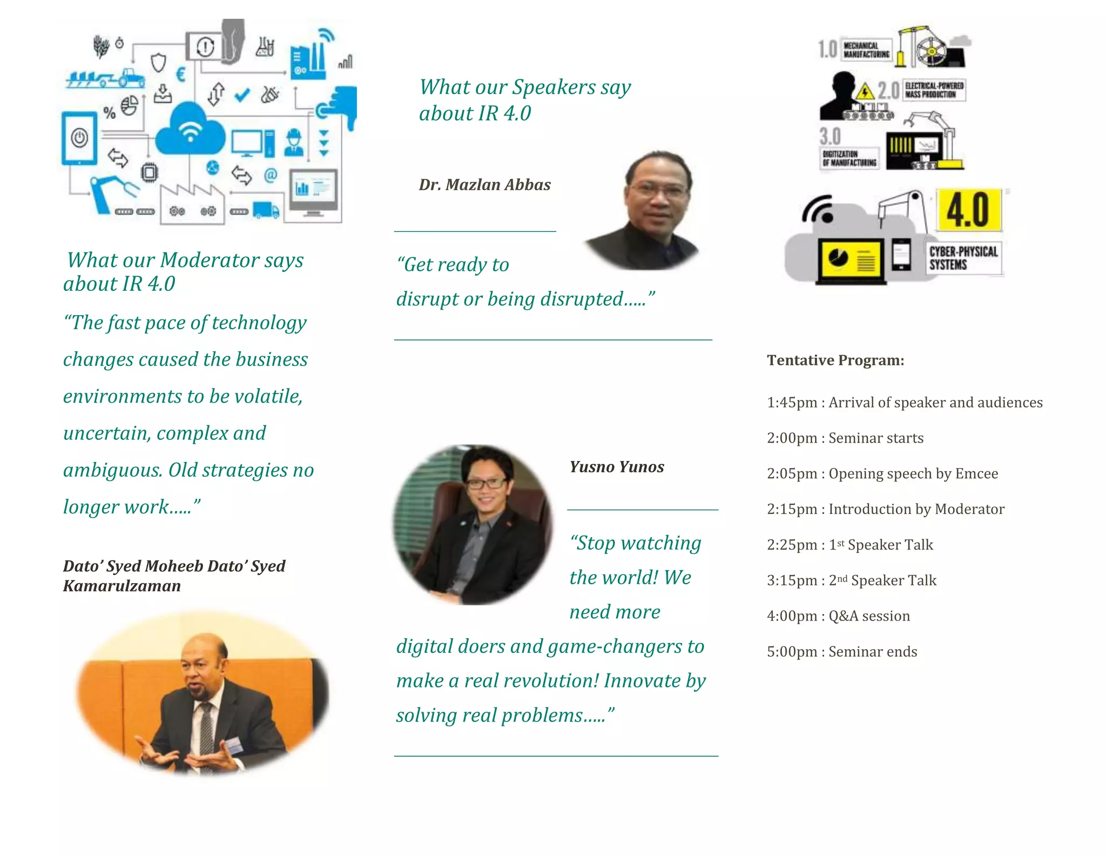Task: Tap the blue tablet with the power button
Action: click(79, 138)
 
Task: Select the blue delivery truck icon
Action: click(266, 210)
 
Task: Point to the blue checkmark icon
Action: click(242, 95)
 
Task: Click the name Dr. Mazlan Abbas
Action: click(484, 185)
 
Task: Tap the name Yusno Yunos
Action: click(617, 466)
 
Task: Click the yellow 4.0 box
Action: click(968, 210)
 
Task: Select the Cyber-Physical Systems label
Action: click(963, 258)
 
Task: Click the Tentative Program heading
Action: click(835, 360)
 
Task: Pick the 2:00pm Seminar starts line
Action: click(845, 438)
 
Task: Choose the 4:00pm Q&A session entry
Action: click(838, 616)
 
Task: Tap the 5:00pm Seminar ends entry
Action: click(842, 651)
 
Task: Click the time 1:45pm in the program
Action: click(792, 402)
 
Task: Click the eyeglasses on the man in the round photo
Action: click(486, 483)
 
